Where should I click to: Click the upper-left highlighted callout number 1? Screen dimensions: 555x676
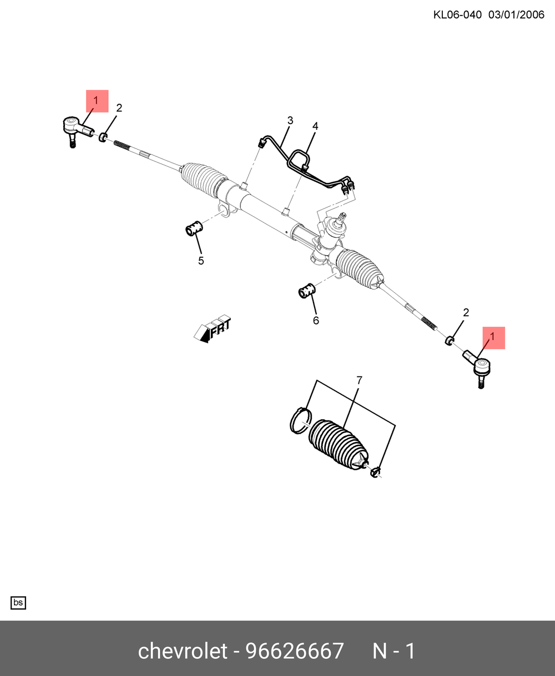(x=95, y=100)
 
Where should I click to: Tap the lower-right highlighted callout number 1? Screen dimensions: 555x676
(x=492, y=337)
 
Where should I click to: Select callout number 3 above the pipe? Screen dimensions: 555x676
(x=290, y=120)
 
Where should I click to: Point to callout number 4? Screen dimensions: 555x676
(x=315, y=126)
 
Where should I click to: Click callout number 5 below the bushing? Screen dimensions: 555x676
(x=201, y=261)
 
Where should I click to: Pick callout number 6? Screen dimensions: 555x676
(x=316, y=320)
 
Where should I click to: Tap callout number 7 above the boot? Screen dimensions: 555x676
(x=359, y=380)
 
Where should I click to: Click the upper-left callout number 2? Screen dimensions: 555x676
(x=119, y=108)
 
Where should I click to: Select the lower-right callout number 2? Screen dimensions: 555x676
(x=466, y=312)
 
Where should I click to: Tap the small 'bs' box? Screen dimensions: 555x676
(x=18, y=603)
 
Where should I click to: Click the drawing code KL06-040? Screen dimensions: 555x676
(x=457, y=15)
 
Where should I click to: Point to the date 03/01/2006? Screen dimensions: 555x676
(x=517, y=15)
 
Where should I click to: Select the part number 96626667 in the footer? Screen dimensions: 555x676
(x=295, y=651)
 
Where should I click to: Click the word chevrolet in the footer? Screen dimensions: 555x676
(x=183, y=651)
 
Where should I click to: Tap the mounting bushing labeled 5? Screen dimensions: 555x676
(x=194, y=227)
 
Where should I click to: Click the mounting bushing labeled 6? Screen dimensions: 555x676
(x=307, y=290)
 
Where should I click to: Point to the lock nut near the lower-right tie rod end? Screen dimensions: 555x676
(x=450, y=340)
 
